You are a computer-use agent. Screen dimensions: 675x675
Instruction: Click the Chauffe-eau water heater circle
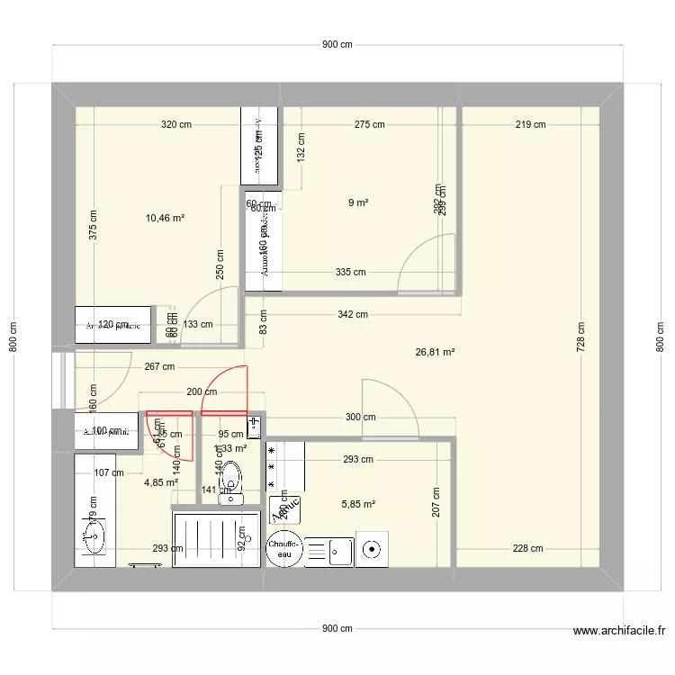point(284,548)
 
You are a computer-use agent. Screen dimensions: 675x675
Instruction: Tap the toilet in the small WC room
point(232,481)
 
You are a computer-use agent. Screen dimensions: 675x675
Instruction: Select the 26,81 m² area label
point(435,353)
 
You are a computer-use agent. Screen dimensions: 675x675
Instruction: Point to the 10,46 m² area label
point(165,218)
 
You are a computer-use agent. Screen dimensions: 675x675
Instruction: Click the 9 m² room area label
point(358,203)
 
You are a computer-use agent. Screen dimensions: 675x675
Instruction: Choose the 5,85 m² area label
point(359,505)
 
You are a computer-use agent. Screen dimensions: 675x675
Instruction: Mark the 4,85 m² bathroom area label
point(161,482)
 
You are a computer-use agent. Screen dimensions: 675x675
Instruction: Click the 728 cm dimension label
point(581,337)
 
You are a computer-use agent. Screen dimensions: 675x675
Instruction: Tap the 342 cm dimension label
point(353,314)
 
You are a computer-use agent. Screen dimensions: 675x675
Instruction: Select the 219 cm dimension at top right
point(531,125)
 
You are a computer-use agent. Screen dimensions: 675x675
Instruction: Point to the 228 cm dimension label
point(527,549)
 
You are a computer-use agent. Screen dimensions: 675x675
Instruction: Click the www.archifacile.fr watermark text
point(618,632)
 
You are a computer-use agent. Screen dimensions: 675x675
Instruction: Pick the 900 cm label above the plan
point(337,46)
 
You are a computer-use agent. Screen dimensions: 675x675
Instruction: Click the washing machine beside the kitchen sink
point(371,548)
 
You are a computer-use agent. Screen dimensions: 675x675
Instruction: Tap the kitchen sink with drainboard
point(330,550)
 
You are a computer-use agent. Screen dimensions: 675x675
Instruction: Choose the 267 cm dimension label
point(158,366)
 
